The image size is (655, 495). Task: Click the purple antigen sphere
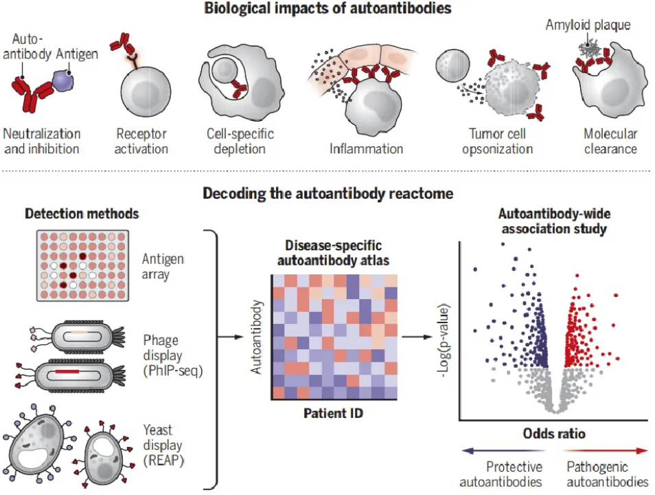63,81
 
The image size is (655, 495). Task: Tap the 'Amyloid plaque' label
588,25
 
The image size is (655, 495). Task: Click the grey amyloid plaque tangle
589,49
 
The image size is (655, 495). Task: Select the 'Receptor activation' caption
141,141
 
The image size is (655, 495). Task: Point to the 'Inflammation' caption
366,148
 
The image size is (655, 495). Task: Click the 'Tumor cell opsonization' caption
497,141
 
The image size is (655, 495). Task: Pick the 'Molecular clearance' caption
610,141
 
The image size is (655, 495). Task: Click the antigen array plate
82,265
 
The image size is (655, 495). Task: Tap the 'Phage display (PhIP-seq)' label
172,355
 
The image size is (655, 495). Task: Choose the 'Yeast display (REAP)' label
163,445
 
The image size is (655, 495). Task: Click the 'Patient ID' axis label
333,413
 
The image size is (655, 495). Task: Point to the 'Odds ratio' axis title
554,434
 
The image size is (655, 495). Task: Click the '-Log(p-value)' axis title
444,340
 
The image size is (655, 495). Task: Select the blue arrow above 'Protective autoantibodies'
504,450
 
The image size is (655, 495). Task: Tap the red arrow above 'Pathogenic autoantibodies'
606,450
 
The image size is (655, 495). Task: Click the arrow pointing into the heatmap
231,337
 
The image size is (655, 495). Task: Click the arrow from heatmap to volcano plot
417,337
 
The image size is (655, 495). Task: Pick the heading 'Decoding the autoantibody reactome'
327,193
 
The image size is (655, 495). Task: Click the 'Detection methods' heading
82,213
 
